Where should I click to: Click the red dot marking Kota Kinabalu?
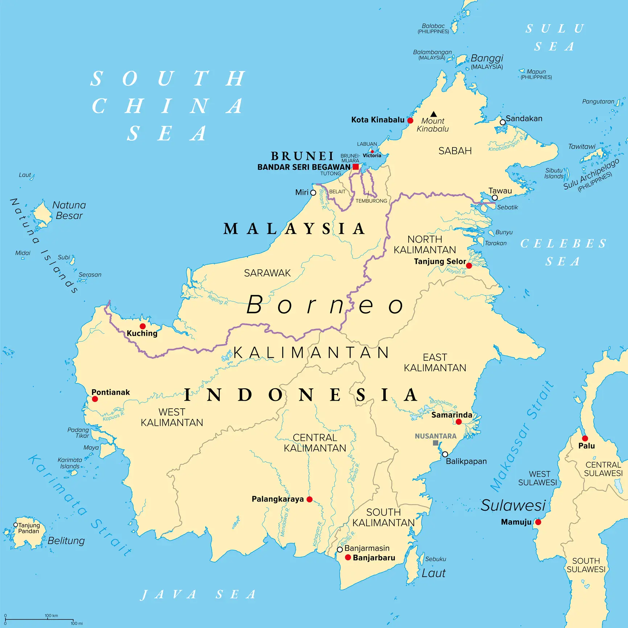410,120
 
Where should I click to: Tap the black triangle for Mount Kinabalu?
433,114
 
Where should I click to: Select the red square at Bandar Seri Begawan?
356,167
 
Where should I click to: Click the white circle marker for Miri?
313,193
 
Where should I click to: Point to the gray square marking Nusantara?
435,443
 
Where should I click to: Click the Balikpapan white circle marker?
445,454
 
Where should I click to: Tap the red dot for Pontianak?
95,399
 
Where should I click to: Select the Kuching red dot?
142,326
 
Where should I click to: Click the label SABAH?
455,151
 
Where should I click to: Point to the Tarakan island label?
496,243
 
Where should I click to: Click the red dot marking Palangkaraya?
309,499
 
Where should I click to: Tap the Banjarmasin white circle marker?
340,550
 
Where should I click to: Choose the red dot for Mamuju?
538,522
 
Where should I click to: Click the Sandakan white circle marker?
503,122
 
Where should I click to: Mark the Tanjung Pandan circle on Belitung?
16,525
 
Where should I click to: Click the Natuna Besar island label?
69,210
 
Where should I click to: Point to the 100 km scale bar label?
51,615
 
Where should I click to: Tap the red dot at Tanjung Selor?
469,266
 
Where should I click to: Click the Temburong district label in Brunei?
371,201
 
